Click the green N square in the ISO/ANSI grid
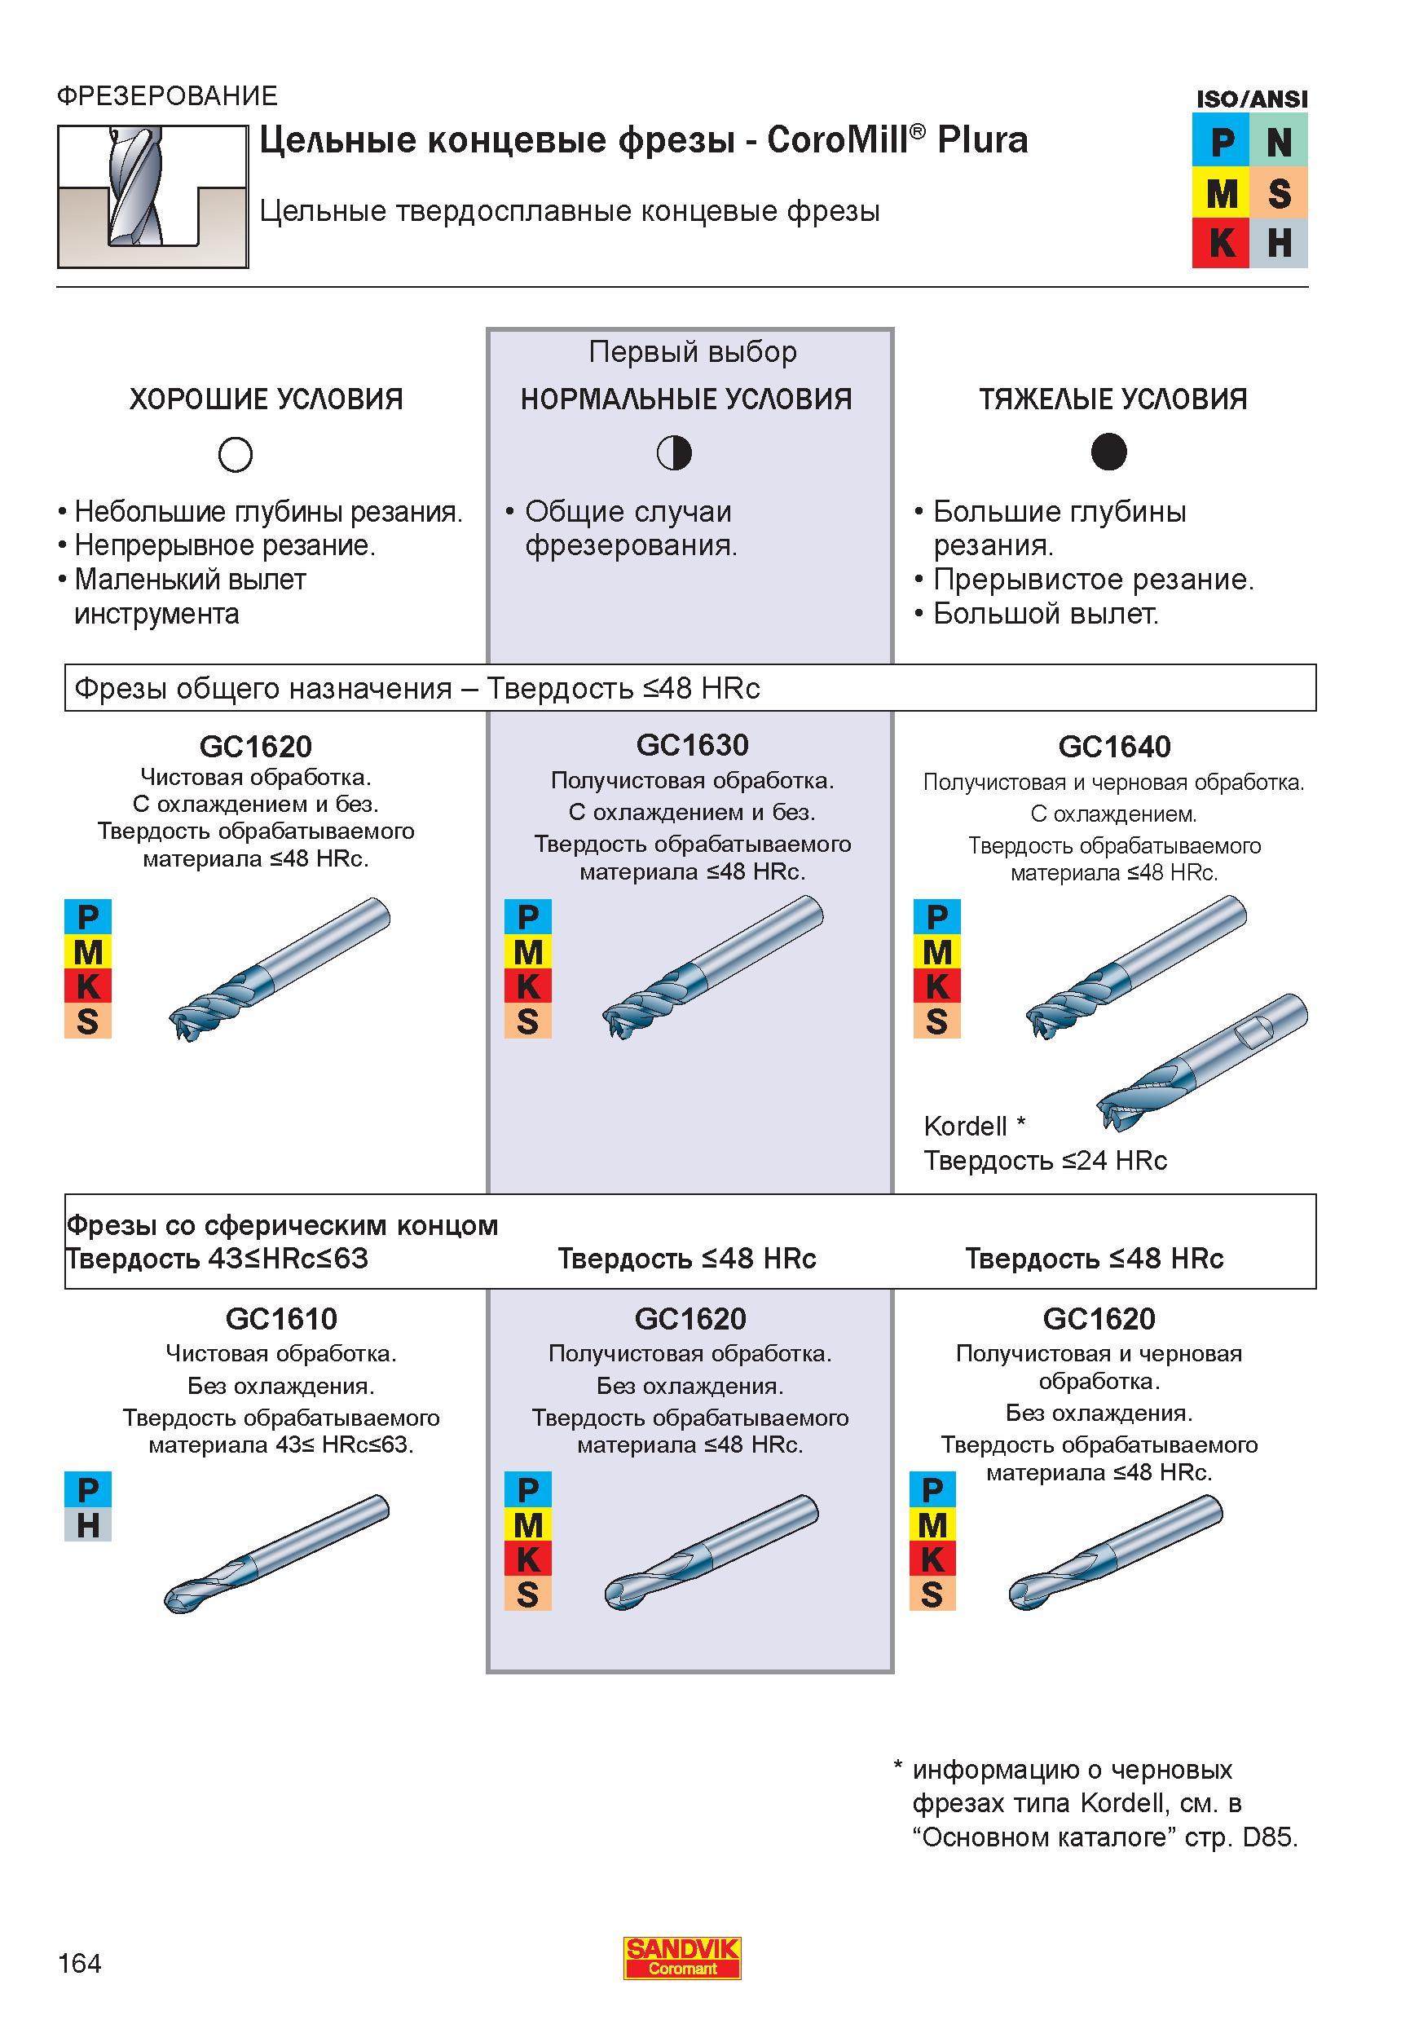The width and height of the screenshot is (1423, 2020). click(1278, 141)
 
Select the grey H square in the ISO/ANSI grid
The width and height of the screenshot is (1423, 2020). click(1278, 243)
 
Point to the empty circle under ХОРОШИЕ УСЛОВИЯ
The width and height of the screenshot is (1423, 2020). click(235, 454)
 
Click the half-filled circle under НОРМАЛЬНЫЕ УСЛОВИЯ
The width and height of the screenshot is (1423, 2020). click(675, 453)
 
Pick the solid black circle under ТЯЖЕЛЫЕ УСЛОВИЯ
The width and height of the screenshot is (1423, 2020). click(1108, 452)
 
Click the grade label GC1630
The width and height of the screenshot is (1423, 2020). click(692, 745)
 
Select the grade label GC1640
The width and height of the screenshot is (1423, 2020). click(1114, 747)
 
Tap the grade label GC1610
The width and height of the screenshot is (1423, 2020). click(281, 1318)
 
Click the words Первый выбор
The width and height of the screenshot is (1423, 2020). click(692, 352)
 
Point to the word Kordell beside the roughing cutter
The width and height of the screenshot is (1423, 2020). click(965, 1126)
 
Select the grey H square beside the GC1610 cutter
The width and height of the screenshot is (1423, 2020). click(88, 1525)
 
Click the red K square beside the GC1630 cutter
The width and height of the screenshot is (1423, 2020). click(527, 987)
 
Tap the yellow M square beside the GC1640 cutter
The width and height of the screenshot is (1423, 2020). click(936, 952)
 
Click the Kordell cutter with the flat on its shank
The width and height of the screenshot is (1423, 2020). click(1202, 1062)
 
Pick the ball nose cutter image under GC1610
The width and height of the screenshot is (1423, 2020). click(276, 1554)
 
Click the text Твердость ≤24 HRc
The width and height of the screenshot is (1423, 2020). click(1045, 1162)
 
